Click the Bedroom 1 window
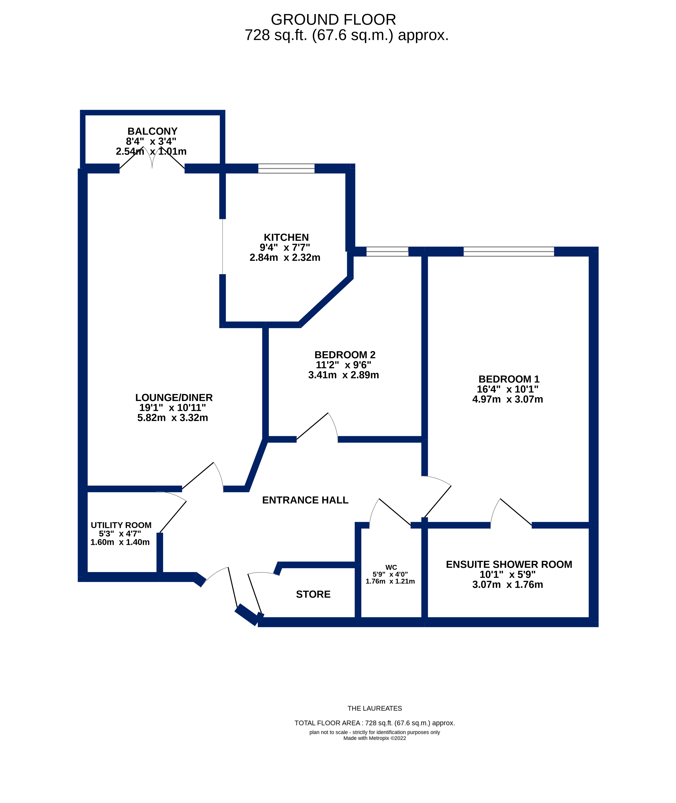[509, 251]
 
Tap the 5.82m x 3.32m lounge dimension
[172, 418]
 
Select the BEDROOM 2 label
[345, 355]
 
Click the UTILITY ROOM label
[121, 525]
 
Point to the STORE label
[313, 594]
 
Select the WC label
[391, 567]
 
